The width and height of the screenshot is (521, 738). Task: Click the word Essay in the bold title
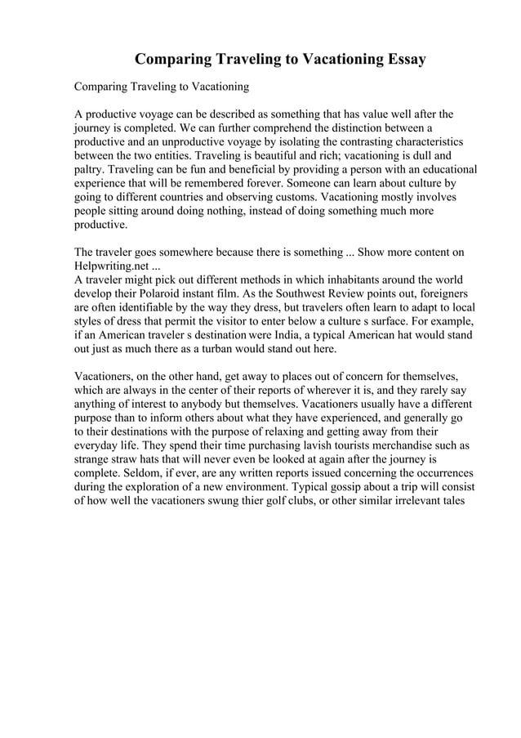tap(404, 60)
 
